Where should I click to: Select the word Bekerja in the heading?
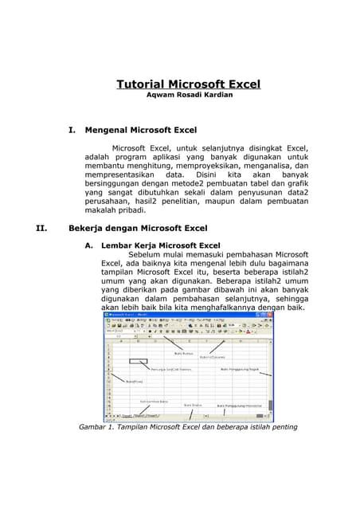(x=88, y=228)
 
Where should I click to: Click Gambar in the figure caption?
(x=94, y=427)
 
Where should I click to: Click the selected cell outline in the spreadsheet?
(x=137, y=361)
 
